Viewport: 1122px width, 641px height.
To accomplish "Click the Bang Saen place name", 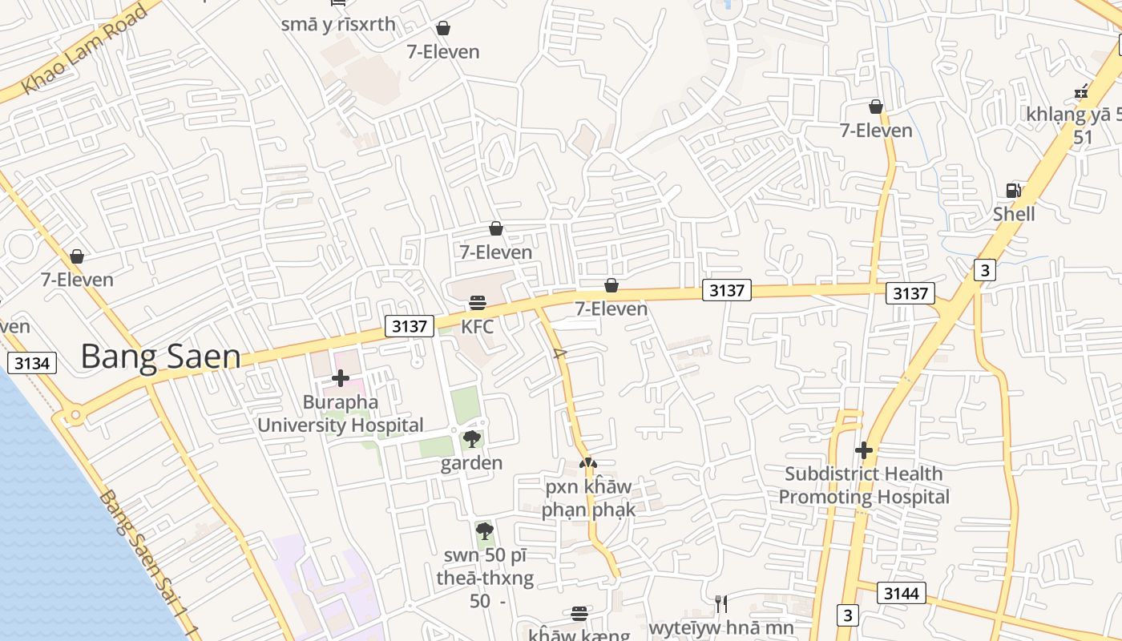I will point(160,357).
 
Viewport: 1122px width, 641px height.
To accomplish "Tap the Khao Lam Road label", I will point(85,49).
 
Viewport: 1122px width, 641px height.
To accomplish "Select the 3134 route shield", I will point(32,363).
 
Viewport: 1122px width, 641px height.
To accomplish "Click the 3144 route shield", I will point(902,593).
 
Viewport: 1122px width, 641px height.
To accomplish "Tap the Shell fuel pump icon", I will point(1014,190).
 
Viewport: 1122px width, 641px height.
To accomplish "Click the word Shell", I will point(1014,214).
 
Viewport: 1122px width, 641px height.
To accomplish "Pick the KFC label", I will point(477,327).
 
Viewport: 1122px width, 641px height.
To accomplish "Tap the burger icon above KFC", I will point(478,303).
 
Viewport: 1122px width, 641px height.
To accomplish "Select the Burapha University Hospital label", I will point(341,413).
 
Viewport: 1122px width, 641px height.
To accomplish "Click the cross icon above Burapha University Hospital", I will point(341,377).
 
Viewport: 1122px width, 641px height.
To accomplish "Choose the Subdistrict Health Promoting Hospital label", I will point(864,486).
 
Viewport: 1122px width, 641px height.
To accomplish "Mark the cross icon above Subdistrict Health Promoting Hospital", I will point(863,450).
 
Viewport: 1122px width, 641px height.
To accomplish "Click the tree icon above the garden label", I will point(472,438).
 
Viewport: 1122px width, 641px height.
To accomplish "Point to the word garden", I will point(472,463).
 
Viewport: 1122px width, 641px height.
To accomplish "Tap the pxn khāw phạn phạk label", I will point(588,498).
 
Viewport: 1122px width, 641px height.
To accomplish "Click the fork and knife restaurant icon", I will point(721,603).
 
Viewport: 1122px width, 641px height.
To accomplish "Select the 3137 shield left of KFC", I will point(409,326).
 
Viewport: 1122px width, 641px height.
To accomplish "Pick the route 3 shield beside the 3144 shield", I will point(847,615).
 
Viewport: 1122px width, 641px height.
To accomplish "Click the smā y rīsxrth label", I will point(338,24).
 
